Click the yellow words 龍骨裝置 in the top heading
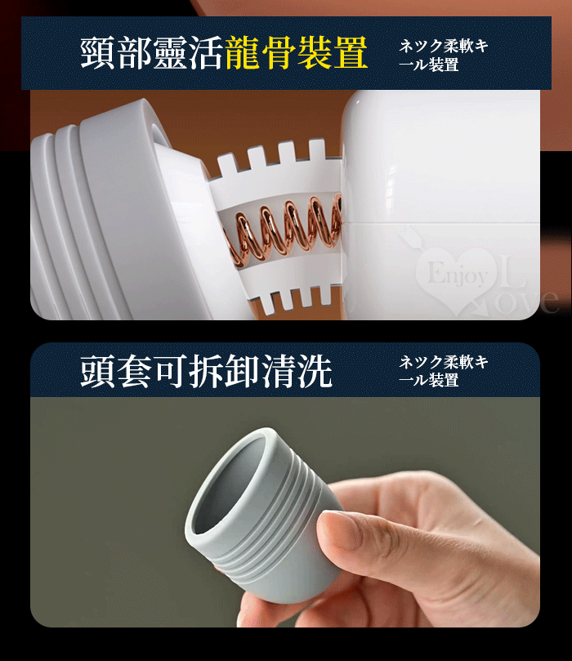point(297,52)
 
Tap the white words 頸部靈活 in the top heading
point(152,52)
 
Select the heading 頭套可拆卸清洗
point(206,371)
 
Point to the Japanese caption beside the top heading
point(444,56)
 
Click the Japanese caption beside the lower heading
point(444,371)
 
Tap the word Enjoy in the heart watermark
point(458,275)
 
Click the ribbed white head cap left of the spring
point(114,211)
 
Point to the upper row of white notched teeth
point(274,158)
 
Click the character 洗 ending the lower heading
point(315,371)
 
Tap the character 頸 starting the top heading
point(97,52)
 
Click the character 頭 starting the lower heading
point(97,371)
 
